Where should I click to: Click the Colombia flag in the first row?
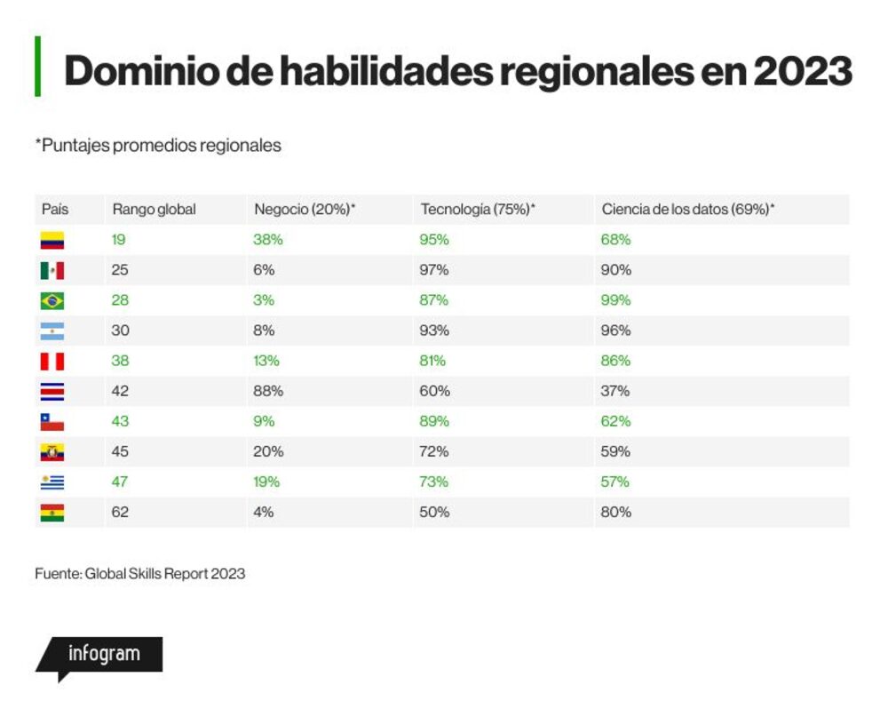pos(52,240)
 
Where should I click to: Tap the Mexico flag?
pos(52,270)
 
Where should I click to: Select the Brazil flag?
pos(52,301)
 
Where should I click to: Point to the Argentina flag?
pos(52,331)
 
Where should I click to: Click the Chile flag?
pos(52,422)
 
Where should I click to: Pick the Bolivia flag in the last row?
pos(52,513)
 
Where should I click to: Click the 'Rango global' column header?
pos(154,210)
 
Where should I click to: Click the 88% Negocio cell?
pos(268,391)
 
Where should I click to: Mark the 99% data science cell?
pos(615,300)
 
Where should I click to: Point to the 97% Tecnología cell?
pos(434,270)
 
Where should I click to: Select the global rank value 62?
pos(120,513)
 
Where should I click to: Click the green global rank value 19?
pos(118,240)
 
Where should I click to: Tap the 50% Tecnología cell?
pos(434,513)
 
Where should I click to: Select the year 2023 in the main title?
pos(803,71)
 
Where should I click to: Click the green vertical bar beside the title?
pos(37,67)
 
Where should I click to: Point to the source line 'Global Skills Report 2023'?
pos(165,574)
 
